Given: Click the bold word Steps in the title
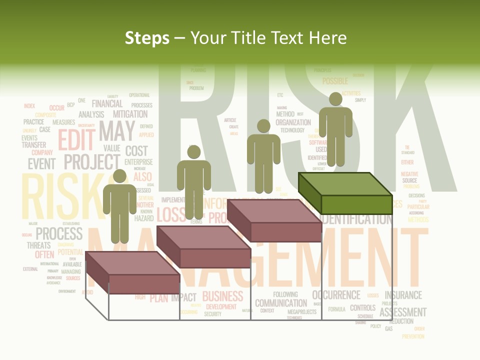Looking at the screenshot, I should (x=147, y=38).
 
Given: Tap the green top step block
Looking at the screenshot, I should (x=345, y=193).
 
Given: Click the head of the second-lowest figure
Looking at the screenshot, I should (x=194, y=152).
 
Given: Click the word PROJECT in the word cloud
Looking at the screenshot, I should (x=92, y=162).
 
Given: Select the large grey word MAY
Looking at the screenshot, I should (x=116, y=131).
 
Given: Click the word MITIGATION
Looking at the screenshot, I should (x=130, y=114).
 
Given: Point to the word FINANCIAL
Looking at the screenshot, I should (x=107, y=104).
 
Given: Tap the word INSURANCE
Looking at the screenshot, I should (x=403, y=295).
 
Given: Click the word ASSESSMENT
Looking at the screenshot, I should (x=403, y=312).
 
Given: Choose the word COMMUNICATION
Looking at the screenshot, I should (x=281, y=303).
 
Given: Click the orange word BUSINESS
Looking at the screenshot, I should (x=222, y=296).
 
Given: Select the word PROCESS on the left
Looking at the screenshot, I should (x=59, y=233).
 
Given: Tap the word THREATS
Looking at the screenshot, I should (x=39, y=245).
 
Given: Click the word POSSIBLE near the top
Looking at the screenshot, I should (x=335, y=81).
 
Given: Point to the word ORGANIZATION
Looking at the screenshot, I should (x=293, y=122).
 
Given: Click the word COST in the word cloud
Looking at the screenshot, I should (x=136, y=150).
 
